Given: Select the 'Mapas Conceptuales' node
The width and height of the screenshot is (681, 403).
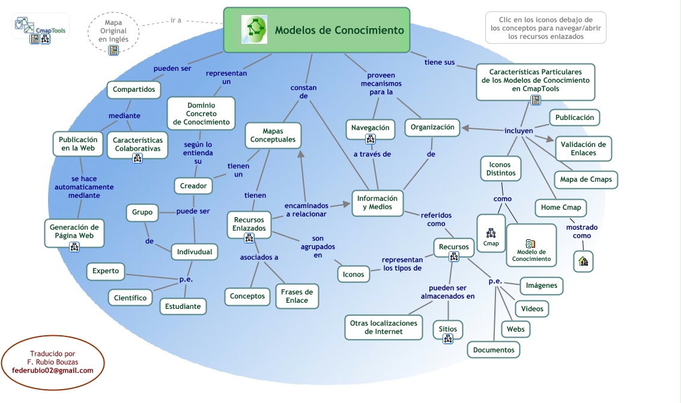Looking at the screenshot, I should tap(273, 135).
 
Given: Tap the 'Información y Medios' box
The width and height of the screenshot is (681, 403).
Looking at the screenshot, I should tap(377, 203).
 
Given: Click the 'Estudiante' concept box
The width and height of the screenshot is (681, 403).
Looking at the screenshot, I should tap(183, 306).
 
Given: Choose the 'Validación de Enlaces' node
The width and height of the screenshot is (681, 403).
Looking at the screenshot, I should tap(583, 148).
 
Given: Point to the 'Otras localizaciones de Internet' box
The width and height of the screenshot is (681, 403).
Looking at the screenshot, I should tap(384, 327).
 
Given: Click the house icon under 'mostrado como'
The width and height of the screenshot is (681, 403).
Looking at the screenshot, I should tap(583, 261).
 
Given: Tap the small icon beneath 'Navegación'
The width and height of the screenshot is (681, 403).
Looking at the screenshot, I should tap(371, 139).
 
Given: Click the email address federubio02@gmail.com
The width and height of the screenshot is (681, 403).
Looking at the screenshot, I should tap(53, 371).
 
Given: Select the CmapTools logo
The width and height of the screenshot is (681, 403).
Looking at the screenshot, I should tap(41, 25).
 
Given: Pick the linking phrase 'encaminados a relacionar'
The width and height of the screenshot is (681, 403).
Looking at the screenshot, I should tap(306, 209).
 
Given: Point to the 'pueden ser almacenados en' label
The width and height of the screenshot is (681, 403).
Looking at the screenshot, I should tap(447, 292).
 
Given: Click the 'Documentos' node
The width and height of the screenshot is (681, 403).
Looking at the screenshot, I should tap(494, 350).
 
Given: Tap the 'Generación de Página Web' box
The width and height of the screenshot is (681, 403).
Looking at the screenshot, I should tap(74, 231).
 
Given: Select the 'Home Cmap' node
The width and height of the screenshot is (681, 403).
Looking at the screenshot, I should tap(561, 207).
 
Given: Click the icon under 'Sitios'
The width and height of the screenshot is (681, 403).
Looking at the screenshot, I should tap(448, 339).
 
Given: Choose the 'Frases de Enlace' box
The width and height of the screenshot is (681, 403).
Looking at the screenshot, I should tap(297, 296).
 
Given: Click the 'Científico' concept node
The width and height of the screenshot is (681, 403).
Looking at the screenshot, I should tap(130, 297).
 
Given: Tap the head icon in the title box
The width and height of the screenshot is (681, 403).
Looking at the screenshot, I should tap(254, 29).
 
